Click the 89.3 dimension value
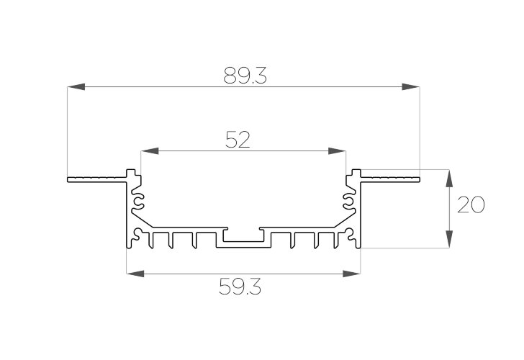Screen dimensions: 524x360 pyautogui.click(x=245, y=75)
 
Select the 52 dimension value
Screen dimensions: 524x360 pyautogui.click(x=238, y=140)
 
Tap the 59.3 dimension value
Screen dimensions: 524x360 pyautogui.click(x=240, y=287)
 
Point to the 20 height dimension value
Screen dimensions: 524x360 pyautogui.click(x=471, y=205)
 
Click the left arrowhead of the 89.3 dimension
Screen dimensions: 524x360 pyautogui.click(x=76, y=87)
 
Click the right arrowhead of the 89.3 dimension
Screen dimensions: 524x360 pyautogui.click(x=411, y=87)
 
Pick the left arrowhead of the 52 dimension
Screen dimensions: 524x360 pyautogui.click(x=150, y=150)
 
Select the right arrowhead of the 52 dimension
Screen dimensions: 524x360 pyautogui.click(x=337, y=150)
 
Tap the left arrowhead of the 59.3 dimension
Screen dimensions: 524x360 pyautogui.click(x=135, y=274)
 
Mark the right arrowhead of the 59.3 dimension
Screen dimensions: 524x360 pyautogui.click(x=351, y=274)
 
